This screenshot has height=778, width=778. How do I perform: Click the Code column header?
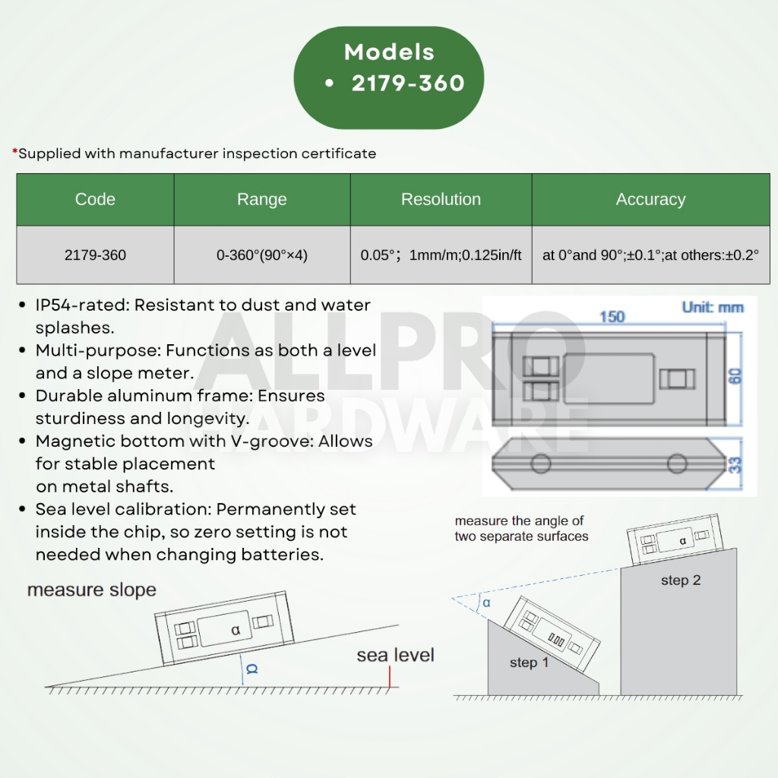pos(95,200)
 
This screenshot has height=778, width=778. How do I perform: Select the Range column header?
pos(261,200)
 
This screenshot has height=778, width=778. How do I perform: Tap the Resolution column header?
pos(441,200)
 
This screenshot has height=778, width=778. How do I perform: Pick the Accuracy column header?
pos(650,200)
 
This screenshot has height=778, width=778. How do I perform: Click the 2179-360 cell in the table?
pos(95,255)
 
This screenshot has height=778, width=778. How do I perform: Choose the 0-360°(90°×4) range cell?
pos(261,255)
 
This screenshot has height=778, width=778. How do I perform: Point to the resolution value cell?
pos(441,255)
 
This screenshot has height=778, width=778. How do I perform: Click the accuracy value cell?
pos(650,255)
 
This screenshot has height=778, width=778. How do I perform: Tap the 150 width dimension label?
pos(612,316)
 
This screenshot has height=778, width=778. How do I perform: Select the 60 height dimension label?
pos(735,376)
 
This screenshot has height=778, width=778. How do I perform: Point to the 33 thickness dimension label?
pos(735,465)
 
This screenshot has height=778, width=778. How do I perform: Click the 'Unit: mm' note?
pos(713,308)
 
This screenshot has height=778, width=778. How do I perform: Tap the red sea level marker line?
pos(388,678)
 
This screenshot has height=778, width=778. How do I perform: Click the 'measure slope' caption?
pos(91,590)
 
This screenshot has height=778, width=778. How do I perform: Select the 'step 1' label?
pos(529,663)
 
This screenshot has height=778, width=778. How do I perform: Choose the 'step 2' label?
pos(681,580)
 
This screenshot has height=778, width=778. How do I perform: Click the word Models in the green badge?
pos(389,52)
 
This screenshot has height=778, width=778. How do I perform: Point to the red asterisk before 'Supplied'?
pos(14,153)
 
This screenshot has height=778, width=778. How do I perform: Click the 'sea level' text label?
pos(395,655)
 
